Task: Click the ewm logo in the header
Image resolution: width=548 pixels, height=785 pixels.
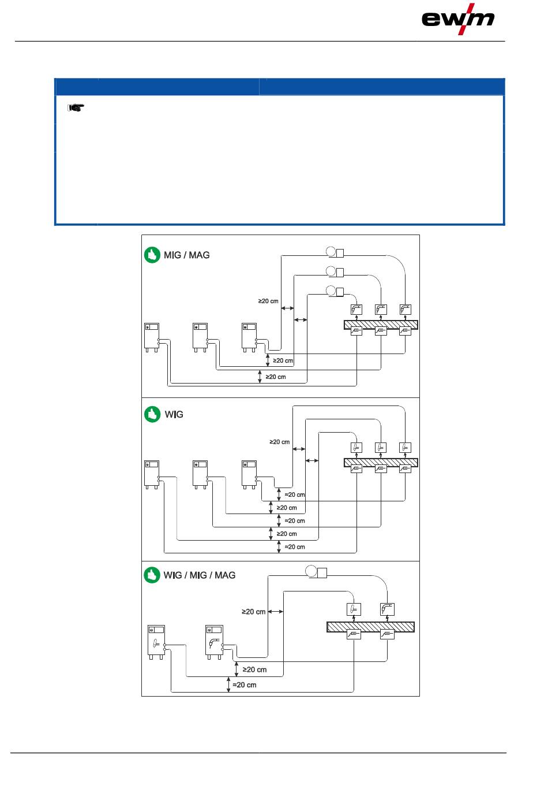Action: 457,19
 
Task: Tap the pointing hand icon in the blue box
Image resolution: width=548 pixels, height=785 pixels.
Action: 76,107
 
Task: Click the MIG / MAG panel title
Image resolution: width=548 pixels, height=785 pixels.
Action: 186,255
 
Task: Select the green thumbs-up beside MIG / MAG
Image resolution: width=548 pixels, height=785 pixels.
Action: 152,255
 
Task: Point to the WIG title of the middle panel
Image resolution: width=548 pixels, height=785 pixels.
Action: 174,414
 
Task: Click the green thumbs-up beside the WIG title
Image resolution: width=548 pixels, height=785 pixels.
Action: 152,414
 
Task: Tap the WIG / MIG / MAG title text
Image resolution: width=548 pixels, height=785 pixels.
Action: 200,575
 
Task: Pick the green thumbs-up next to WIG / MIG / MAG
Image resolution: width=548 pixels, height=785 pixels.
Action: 152,575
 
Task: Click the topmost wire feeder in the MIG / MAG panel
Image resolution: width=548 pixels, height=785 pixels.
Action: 335,252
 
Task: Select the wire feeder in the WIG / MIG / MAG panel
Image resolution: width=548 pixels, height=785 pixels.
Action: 316,572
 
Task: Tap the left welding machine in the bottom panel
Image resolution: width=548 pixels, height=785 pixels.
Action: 156,642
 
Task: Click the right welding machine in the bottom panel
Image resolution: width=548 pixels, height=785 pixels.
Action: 214,642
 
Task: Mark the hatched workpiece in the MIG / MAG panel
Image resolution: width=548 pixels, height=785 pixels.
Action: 381,325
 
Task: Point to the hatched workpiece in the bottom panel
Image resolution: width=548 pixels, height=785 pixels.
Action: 370,627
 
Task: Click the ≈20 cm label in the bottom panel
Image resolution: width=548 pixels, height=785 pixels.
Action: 244,684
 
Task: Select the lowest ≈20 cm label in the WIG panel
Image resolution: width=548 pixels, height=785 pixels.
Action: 295,546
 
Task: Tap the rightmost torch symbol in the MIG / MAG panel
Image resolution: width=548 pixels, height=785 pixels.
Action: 405,310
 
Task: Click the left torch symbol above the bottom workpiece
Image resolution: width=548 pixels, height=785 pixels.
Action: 354,609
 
